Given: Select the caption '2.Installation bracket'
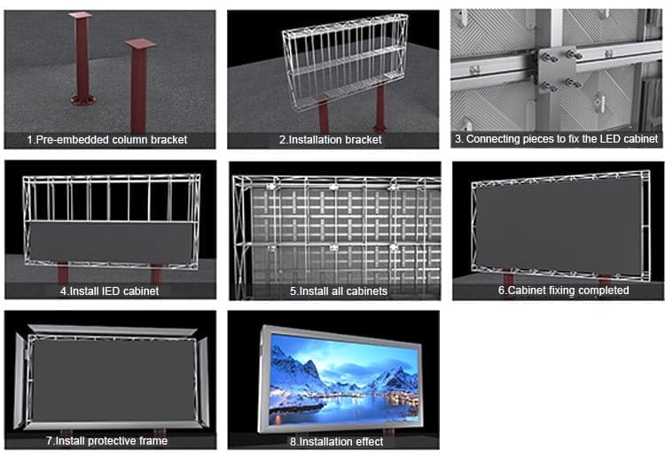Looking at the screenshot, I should [331, 140].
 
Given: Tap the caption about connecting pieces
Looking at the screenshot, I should [556, 140].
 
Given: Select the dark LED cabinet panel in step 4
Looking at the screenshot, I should [110, 239].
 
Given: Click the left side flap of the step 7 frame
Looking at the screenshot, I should [21, 381].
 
